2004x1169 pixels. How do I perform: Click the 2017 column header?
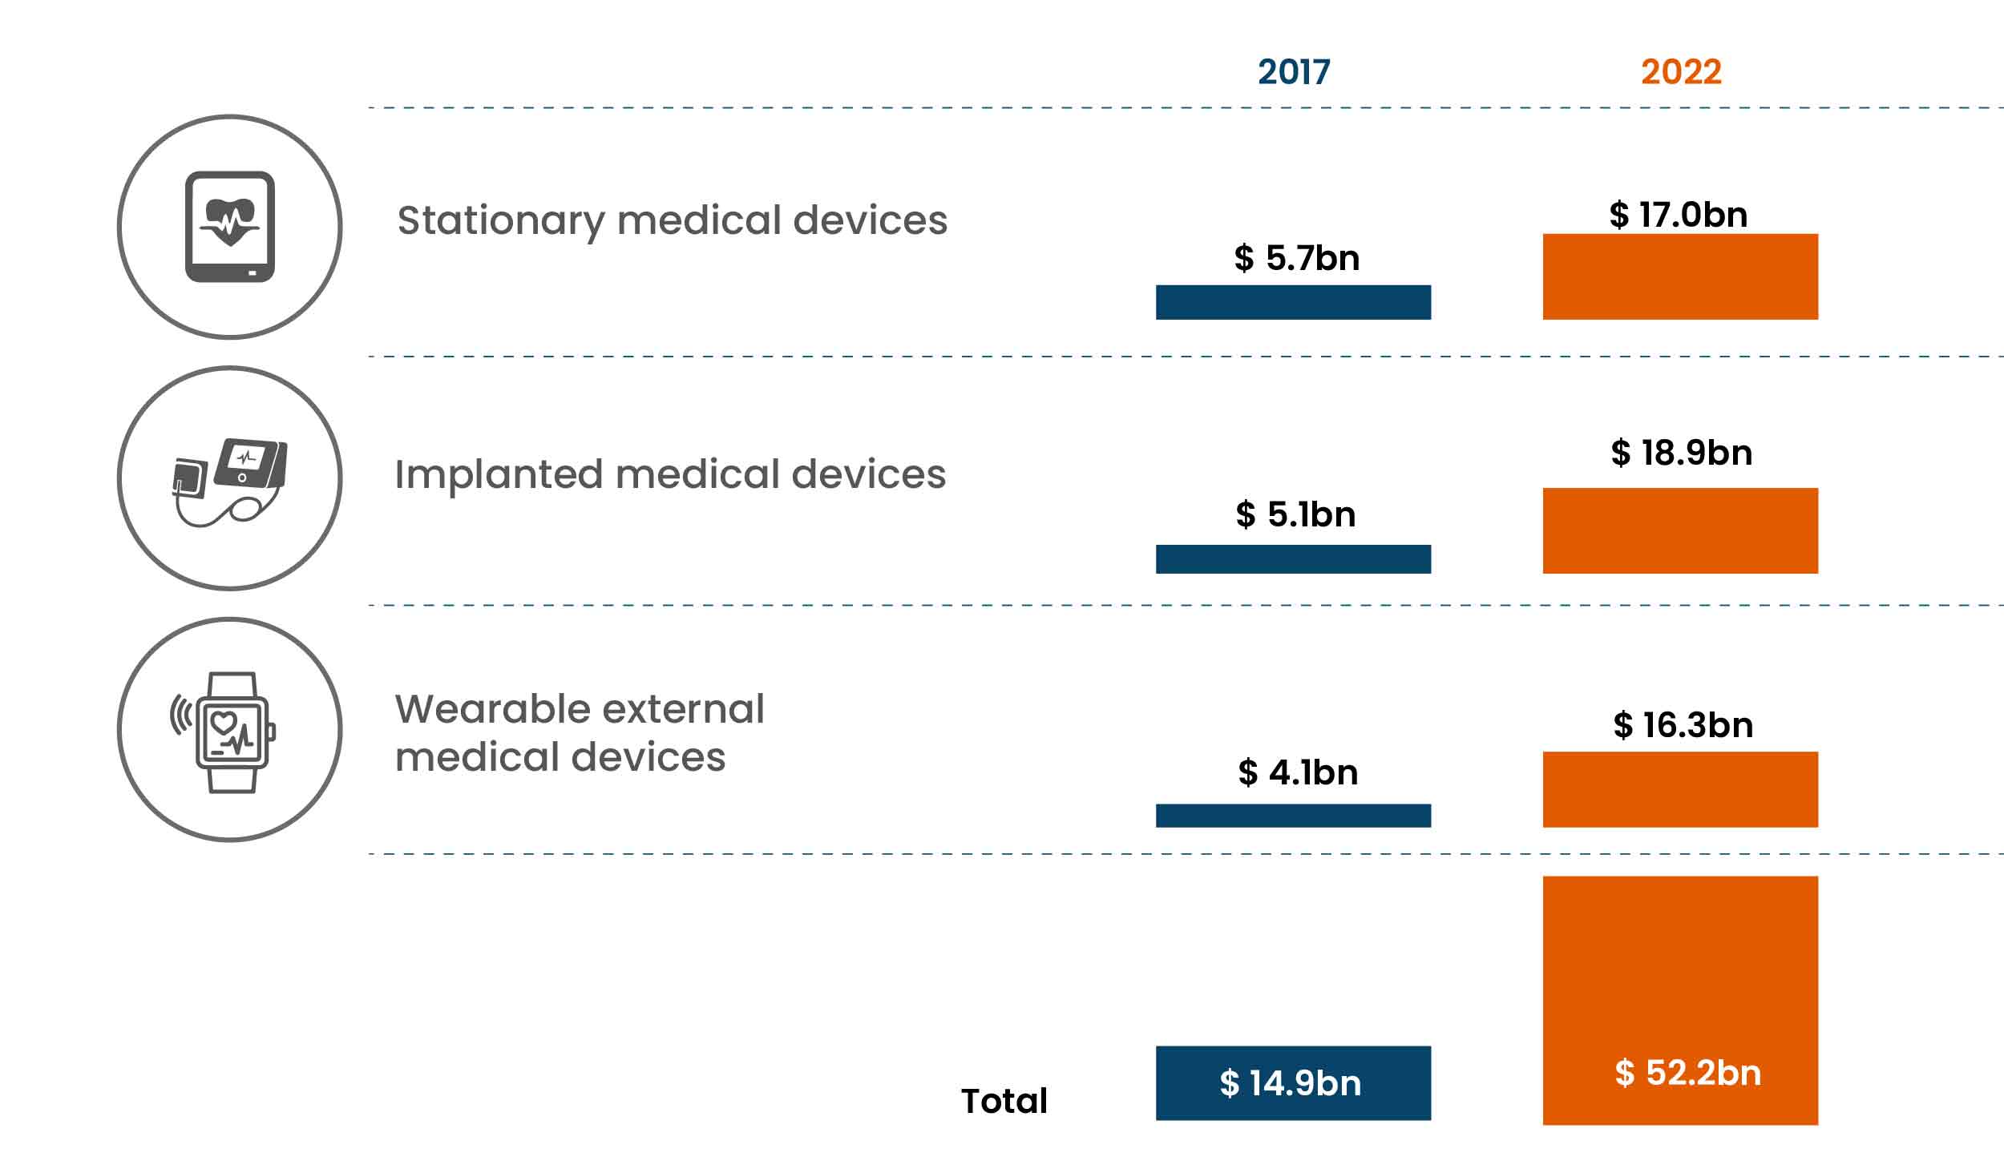[x=1293, y=72]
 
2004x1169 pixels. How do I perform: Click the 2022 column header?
[x=1680, y=72]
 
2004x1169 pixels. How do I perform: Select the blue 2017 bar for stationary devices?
[x=1292, y=302]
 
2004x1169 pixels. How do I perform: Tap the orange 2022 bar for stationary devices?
[x=1679, y=276]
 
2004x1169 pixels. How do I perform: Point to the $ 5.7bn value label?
[x=1296, y=258]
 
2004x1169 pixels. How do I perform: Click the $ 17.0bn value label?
[x=1678, y=215]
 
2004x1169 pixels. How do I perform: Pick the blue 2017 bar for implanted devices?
[x=1292, y=558]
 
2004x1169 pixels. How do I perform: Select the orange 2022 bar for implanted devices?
[x=1679, y=530]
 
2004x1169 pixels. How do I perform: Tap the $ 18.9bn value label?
[x=1681, y=453]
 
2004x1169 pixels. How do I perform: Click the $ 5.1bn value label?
[x=1295, y=514]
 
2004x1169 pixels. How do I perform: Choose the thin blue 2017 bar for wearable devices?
[x=1292, y=816]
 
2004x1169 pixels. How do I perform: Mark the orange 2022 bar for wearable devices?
[x=1679, y=789]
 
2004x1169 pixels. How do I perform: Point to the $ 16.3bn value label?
[x=1683, y=725]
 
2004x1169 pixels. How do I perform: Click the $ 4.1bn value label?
[x=1297, y=772]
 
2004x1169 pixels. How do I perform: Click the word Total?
[x=1004, y=1101]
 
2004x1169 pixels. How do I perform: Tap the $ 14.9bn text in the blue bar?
[x=1290, y=1083]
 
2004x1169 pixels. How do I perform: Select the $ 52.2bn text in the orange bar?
[x=1687, y=1073]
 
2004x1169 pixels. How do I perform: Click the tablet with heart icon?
[x=230, y=227]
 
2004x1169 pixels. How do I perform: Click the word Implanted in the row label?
[x=497, y=474]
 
